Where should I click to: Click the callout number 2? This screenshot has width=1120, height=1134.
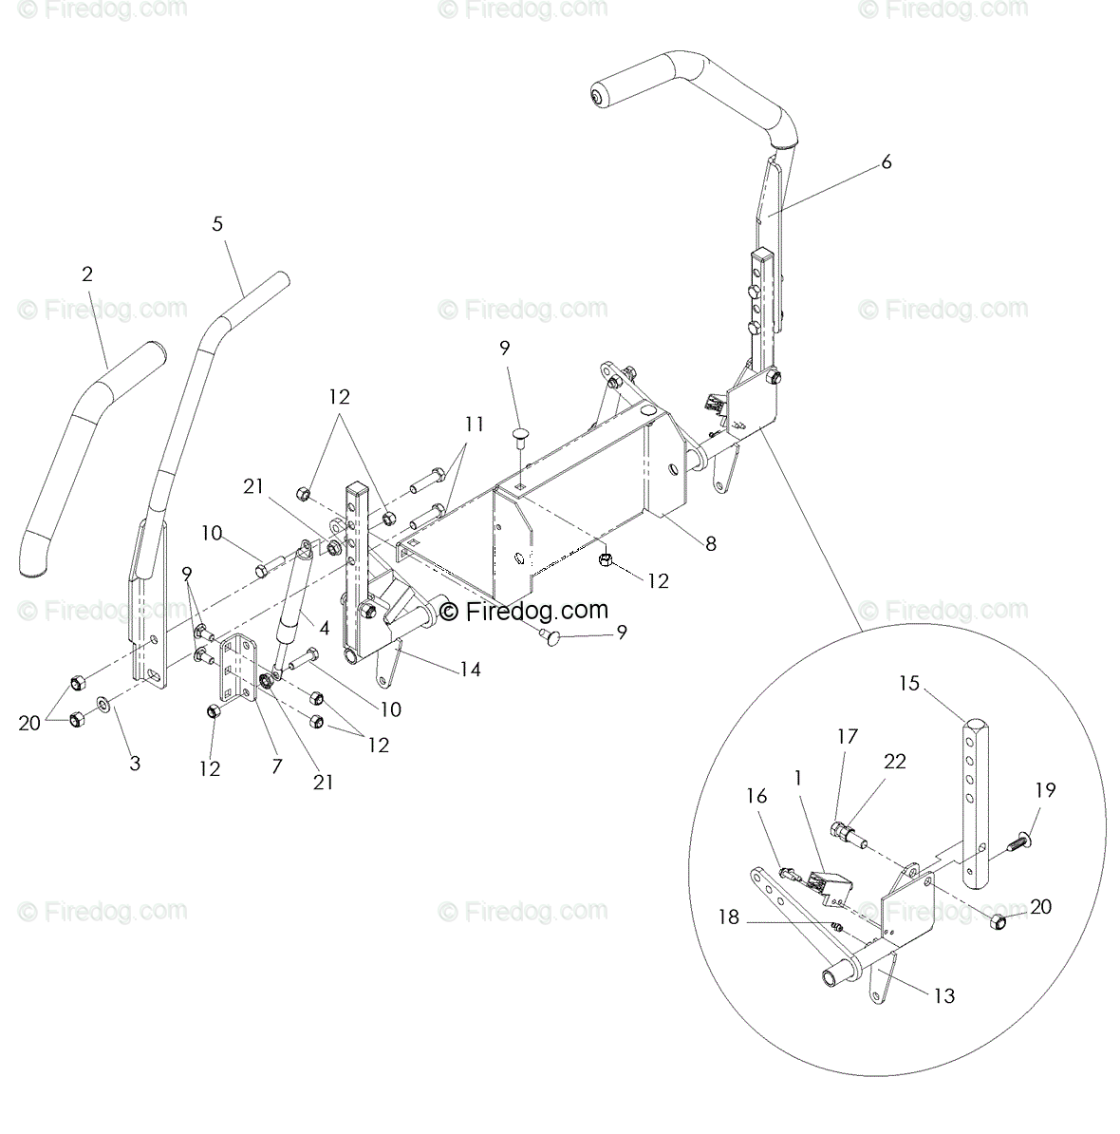click(x=87, y=274)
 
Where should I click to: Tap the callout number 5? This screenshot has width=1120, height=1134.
click(x=217, y=224)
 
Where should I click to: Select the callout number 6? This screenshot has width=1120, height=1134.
click(x=887, y=162)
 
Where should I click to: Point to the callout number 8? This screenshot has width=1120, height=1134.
click(x=711, y=543)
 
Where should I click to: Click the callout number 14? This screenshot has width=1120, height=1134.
click(x=470, y=670)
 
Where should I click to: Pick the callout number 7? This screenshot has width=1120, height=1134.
click(x=276, y=765)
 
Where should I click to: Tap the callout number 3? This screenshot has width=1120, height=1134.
click(x=135, y=763)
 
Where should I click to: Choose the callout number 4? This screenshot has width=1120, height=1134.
click(x=324, y=628)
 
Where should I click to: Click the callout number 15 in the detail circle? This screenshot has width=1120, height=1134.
click(x=909, y=683)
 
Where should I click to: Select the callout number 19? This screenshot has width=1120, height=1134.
click(x=1045, y=790)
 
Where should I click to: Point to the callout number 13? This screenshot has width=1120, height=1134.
click(x=943, y=995)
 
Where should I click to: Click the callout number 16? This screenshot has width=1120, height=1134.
click(x=756, y=796)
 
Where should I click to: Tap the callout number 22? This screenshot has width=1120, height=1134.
click(x=894, y=761)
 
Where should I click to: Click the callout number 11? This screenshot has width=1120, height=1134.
click(x=475, y=425)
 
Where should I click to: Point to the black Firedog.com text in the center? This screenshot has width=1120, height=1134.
click(x=524, y=611)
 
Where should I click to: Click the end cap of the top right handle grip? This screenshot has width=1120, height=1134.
click(x=597, y=97)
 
